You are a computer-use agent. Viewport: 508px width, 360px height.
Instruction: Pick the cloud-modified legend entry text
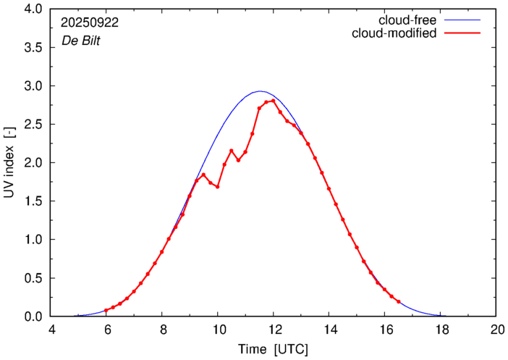(x=394, y=33)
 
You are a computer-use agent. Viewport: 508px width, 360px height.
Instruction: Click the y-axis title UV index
(x=9, y=163)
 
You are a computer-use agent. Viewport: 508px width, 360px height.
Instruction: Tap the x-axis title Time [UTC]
(x=273, y=349)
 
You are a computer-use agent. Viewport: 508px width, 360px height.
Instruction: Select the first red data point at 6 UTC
(x=106, y=310)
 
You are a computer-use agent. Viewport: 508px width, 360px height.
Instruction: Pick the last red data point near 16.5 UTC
(x=398, y=301)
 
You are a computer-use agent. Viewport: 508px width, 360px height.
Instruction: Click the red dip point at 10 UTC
(x=217, y=187)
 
